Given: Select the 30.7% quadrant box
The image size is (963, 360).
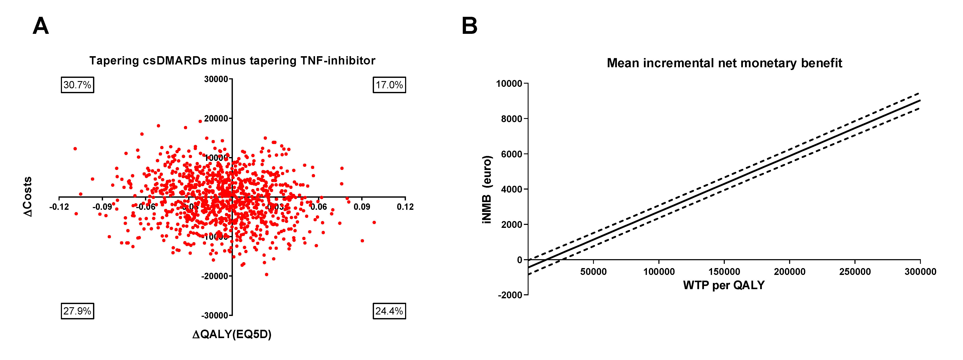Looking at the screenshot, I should [x=77, y=85].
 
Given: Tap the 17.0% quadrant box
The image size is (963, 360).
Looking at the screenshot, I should [x=389, y=85].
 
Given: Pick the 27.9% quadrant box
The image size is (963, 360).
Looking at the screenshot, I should [x=77, y=311].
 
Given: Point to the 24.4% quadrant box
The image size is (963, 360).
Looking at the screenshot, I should [x=389, y=311].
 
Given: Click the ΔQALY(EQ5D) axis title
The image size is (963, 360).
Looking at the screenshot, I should [x=232, y=334].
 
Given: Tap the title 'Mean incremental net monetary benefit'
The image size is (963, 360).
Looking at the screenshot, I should [x=724, y=63].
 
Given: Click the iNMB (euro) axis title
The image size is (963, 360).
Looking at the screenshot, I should [x=487, y=190].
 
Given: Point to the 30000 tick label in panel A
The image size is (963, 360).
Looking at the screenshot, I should [x=216, y=79].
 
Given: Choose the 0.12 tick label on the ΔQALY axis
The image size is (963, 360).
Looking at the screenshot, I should [x=405, y=207].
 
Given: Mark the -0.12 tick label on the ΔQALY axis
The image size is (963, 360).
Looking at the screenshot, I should [x=59, y=207].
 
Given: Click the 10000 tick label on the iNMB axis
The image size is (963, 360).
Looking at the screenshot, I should [x=509, y=83].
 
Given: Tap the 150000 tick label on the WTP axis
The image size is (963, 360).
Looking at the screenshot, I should [x=724, y=272].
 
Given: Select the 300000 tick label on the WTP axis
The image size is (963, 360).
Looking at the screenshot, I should [x=920, y=272].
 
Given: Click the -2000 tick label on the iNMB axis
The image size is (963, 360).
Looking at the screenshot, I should [x=510, y=295].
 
